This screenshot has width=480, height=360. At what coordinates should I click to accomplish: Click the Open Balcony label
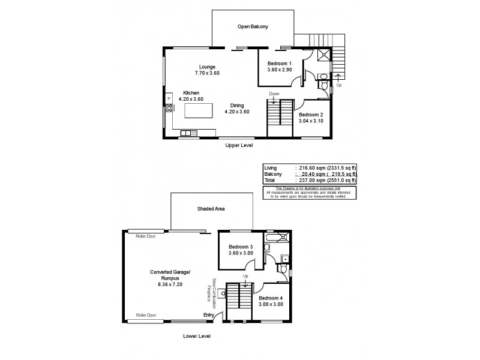252,27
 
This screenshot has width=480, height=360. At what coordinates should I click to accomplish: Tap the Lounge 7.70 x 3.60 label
207,70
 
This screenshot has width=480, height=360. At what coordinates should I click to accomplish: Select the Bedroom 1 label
279,67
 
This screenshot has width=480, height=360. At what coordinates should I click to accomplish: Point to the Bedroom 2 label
311,118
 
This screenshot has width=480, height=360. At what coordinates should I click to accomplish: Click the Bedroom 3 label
241,250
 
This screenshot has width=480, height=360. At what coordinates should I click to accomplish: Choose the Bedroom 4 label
271,301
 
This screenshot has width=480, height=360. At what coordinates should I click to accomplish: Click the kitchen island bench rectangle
199,111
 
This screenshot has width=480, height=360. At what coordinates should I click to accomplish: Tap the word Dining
236,106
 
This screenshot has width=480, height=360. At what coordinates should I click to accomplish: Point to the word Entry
209,315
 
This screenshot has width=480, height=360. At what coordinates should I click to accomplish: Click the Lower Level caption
196,336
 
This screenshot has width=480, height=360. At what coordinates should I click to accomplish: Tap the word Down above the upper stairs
274,94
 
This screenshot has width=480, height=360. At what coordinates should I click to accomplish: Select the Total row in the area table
310,180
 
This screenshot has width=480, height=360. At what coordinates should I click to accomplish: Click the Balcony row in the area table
310,175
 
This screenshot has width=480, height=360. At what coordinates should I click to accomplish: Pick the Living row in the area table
310,169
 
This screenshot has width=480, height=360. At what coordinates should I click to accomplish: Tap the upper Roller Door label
145,236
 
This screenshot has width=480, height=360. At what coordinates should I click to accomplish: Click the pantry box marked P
169,98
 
